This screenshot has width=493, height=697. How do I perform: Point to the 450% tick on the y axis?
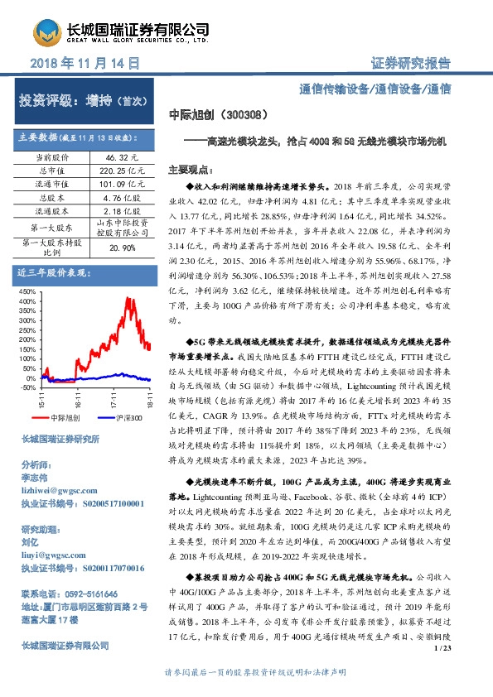[x=27, y=292]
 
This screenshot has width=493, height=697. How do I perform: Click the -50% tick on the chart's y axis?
[x=27, y=387]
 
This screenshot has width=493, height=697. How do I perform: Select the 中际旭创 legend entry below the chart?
[x=60, y=419]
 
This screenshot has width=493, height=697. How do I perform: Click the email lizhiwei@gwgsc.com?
[x=57, y=490]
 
